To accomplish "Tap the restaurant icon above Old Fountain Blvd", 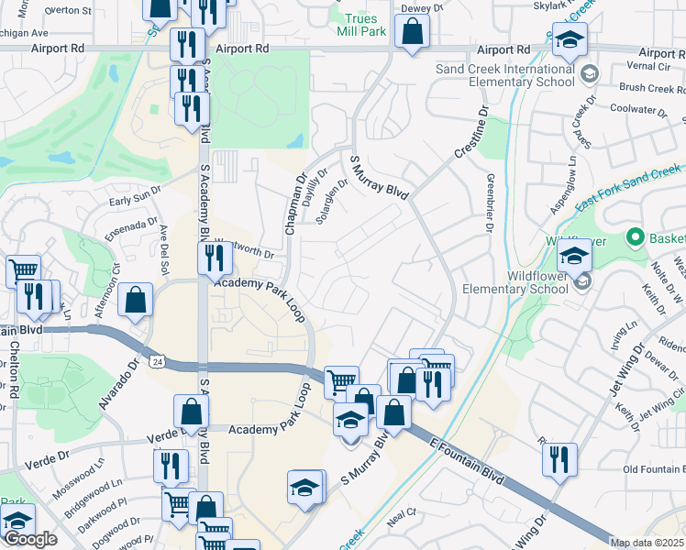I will coord(559,460).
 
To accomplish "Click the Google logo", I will coord(29,539).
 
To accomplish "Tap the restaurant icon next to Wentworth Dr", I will coord(215,259).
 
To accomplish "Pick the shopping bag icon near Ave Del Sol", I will coord(136,301).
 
